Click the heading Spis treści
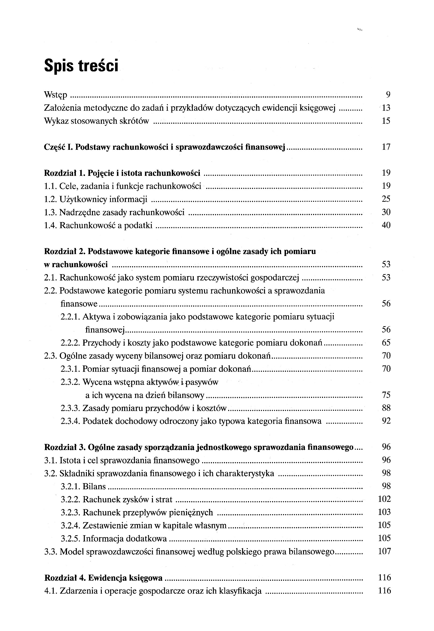click(x=81, y=66)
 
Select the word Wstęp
click(x=56, y=95)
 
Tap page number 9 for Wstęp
click(x=388, y=95)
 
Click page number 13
click(x=386, y=108)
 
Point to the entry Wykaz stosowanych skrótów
click(x=96, y=121)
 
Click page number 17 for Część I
click(x=386, y=147)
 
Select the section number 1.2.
click(x=51, y=199)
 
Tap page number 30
click(x=386, y=212)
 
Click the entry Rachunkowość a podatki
click(x=106, y=225)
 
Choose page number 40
click(x=386, y=225)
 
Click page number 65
click(x=386, y=342)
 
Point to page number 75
click(x=386, y=395)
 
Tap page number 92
click(x=386, y=421)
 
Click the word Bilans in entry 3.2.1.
click(x=94, y=486)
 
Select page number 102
click(x=384, y=499)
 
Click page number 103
click(x=384, y=512)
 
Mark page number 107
click(x=384, y=551)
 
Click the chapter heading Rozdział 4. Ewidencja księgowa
click(x=103, y=578)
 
